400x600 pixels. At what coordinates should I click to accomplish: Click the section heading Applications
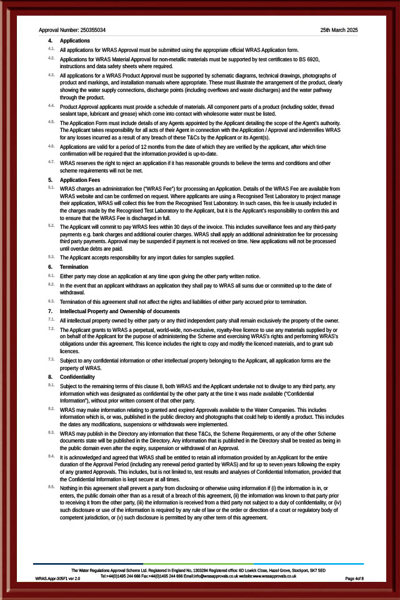pos(74,41)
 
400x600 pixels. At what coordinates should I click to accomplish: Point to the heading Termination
pos(74,267)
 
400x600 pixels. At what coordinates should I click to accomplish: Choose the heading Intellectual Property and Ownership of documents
pos(119,311)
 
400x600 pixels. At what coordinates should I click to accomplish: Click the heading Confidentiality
pos(77,377)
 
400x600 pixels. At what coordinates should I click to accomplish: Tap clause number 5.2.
pos(51,224)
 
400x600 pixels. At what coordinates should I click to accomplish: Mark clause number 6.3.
pos(51,301)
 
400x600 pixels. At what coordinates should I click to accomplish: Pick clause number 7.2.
pos(51,328)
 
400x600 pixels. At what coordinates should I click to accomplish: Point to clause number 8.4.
pos(51,456)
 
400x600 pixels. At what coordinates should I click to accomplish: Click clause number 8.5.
pos(51,486)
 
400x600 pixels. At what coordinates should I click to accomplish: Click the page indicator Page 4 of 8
pos(354,579)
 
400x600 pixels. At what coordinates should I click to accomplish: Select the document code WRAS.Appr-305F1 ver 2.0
pos(57,579)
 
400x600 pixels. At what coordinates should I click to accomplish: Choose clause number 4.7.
pos(51,162)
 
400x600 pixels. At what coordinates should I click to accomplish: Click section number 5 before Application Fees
pos(50,180)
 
